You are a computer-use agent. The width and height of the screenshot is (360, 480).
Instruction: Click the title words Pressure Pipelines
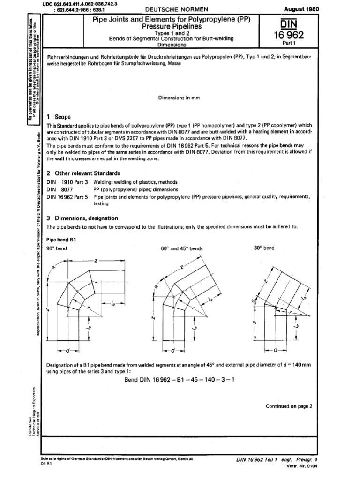point(178,28)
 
